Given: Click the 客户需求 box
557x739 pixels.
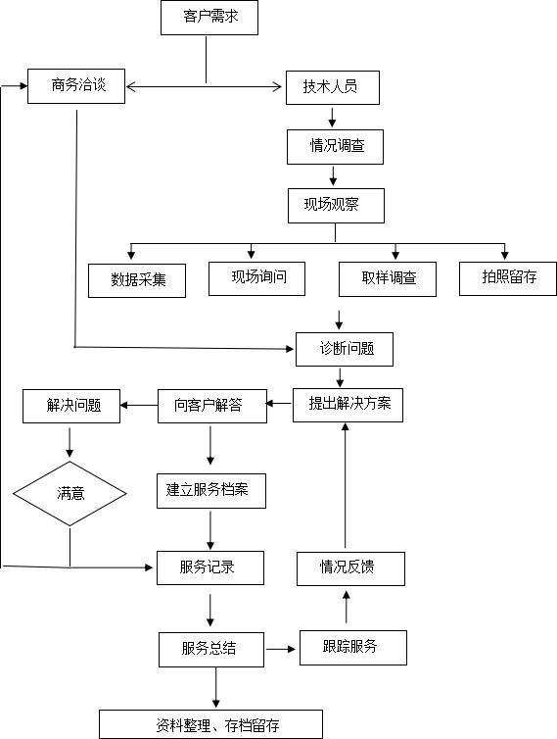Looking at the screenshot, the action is pyautogui.click(x=209, y=18).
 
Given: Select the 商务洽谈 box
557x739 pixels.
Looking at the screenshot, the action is pyautogui.click(x=76, y=86).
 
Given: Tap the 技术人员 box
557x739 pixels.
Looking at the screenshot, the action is pyautogui.click(x=333, y=87).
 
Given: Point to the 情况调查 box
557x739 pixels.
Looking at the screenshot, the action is pyautogui.click(x=335, y=147).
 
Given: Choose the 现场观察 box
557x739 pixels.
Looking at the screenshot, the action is pyautogui.click(x=336, y=206).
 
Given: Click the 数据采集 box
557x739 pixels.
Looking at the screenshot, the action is pyautogui.click(x=137, y=281).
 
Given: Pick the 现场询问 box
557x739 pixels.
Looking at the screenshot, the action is pyautogui.click(x=257, y=279).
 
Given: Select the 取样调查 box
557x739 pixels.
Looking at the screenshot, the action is pyautogui.click(x=388, y=279).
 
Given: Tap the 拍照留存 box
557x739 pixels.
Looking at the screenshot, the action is pyautogui.click(x=508, y=279).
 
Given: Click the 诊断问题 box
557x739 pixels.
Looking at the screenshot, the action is pyautogui.click(x=345, y=350).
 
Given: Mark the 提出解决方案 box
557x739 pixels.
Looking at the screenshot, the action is pyautogui.click(x=348, y=406).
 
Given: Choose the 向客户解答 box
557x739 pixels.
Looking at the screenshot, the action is pyautogui.click(x=212, y=407).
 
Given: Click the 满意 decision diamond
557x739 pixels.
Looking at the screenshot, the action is pyautogui.click(x=70, y=493).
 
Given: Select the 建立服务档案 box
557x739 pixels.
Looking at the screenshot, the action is pyautogui.click(x=211, y=491).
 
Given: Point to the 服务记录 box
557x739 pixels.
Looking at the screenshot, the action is pyautogui.click(x=210, y=567).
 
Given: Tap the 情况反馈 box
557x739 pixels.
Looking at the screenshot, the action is pyautogui.click(x=350, y=568).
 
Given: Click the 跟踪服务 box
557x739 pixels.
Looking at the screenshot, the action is pyautogui.click(x=353, y=648).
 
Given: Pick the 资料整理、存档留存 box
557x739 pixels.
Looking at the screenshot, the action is pyautogui.click(x=210, y=724).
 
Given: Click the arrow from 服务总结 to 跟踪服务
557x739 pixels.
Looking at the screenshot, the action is pyautogui.click(x=281, y=649).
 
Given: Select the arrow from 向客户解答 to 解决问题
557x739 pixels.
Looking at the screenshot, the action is pyautogui.click(x=139, y=406).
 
